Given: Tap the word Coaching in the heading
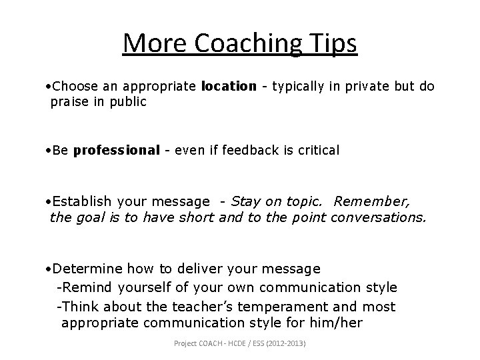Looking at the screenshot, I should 247,45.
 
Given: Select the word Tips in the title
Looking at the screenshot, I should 332,45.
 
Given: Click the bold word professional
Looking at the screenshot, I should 117,150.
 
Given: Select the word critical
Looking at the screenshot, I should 314,150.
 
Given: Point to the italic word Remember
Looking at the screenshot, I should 372,201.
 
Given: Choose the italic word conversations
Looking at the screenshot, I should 378,217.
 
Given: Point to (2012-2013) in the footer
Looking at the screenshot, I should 294,343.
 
